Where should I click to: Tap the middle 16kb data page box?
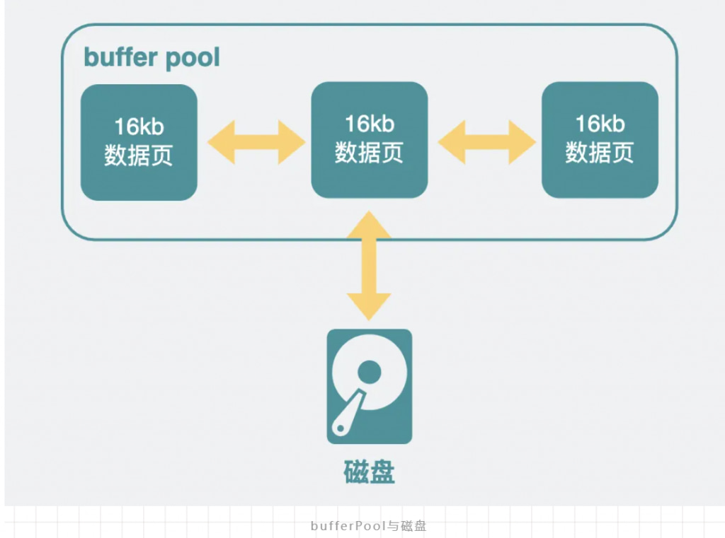pos(369,139)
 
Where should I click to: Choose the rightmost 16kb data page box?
pos(600,139)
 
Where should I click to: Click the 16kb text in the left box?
pos(139,127)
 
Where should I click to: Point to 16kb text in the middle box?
pos(369,124)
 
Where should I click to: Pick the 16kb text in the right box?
pos(600,124)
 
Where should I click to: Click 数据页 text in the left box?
pos(139,156)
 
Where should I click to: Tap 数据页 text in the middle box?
pos(369,153)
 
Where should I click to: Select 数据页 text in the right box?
pos(600,153)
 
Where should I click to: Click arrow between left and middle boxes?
pos(255,142)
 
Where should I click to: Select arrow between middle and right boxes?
pos(486,142)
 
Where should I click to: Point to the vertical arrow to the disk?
pos(369,265)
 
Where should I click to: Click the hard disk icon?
pos(369,386)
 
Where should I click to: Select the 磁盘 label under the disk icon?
pos(369,472)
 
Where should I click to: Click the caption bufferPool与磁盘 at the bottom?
pos(368,526)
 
